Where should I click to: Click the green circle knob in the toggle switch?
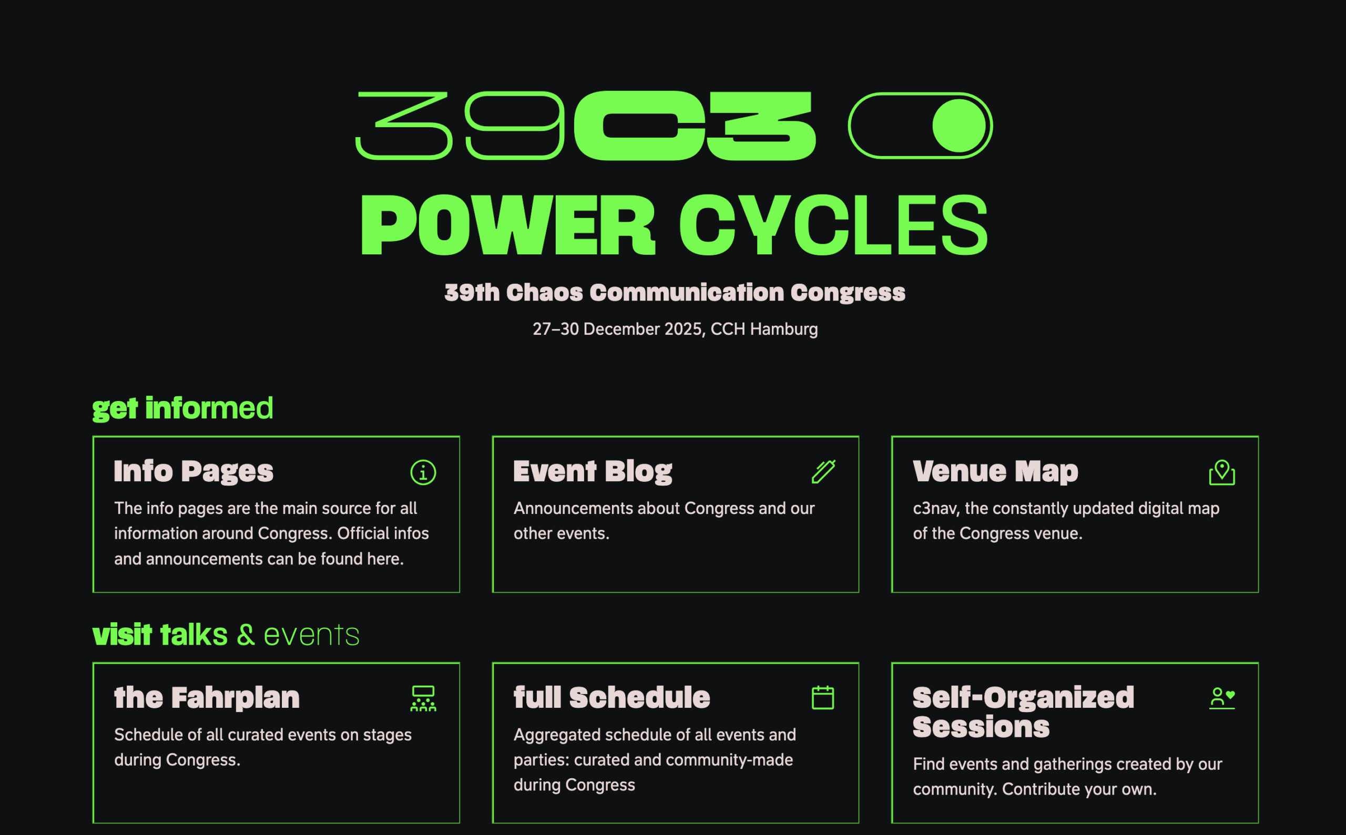[959, 126]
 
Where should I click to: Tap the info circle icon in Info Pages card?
[423, 472]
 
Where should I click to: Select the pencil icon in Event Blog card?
[823, 471]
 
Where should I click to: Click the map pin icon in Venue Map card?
[1222, 472]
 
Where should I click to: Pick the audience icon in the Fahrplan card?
[423, 698]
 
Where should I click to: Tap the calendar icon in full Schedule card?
[823, 697]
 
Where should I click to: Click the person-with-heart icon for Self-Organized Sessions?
[1222, 698]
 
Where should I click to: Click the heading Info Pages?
[193, 471]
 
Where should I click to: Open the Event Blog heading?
[593, 471]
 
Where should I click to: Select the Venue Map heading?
[995, 471]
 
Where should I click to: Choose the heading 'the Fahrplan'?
[207, 697]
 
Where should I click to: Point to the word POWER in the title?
[508, 225]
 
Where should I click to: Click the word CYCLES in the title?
[833, 225]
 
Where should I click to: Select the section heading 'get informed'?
[182, 409]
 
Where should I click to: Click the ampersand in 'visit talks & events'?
[246, 635]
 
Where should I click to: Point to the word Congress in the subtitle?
[848, 293]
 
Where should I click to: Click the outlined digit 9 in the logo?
[514, 126]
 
